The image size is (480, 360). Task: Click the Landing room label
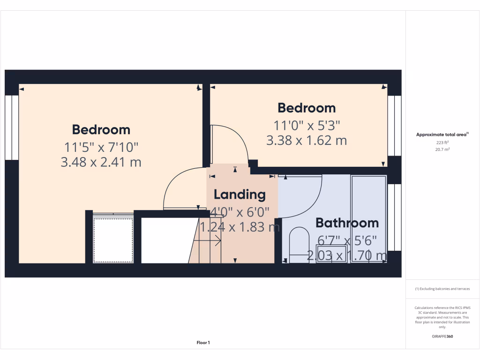(240, 195)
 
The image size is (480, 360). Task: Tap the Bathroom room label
(347, 223)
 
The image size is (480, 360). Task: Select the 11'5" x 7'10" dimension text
(101, 147)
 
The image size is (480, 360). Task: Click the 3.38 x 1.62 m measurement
(307, 140)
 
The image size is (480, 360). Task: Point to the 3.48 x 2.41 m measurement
(101, 162)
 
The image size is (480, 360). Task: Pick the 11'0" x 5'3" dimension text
(307, 125)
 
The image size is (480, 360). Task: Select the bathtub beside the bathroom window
(369, 218)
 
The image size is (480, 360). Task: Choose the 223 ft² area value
(442, 142)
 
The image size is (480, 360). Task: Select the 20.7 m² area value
(442, 149)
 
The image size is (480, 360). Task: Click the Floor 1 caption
(203, 343)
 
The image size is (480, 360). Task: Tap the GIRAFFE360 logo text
(442, 337)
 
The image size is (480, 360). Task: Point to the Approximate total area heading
(442, 135)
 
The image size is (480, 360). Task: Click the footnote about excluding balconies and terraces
(442, 289)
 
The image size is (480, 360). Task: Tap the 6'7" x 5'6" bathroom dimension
(347, 240)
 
